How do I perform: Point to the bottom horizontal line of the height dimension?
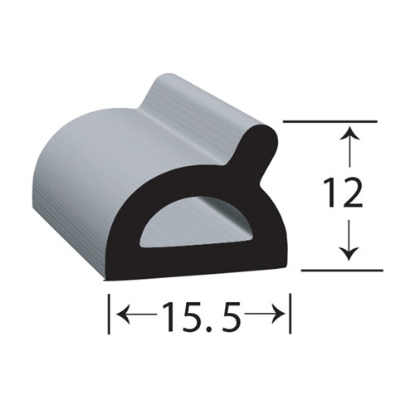coord(340,270)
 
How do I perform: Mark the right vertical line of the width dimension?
coord(290,314)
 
